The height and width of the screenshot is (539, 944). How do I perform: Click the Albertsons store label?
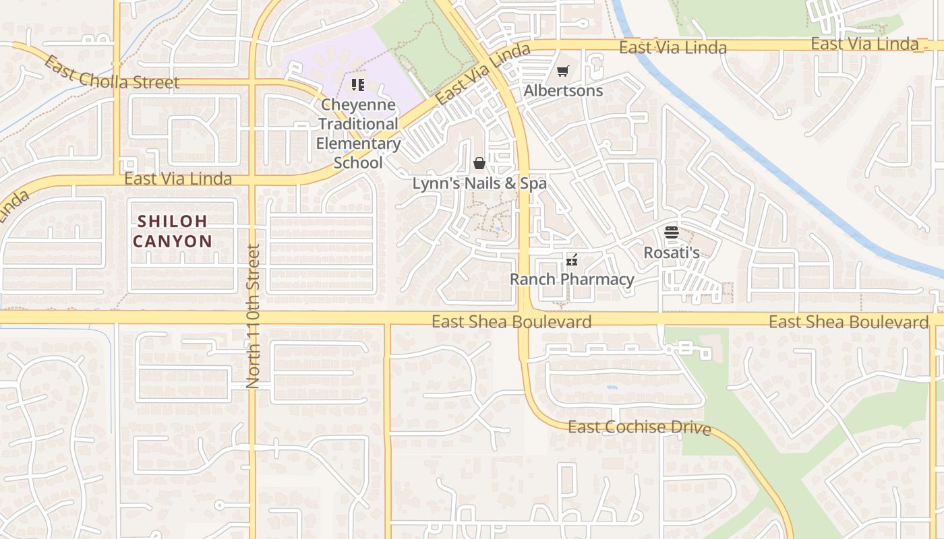tap(563, 90)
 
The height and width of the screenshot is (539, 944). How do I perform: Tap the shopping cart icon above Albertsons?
tap(563, 71)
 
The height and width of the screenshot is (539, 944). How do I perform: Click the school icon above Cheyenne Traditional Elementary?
tap(358, 85)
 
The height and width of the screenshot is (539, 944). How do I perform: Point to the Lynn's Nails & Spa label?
tap(479, 183)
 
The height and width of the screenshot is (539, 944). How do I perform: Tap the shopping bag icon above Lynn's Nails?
tap(479, 163)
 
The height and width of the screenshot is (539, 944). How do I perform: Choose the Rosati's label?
tap(671, 253)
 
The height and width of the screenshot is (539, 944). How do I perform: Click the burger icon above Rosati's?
tap(671, 233)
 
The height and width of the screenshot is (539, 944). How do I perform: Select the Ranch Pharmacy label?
tap(572, 279)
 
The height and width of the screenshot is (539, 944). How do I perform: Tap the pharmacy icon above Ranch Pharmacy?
tap(572, 260)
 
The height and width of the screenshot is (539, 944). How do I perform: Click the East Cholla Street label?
tap(111, 74)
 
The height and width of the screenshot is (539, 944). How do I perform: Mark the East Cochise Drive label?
tap(639, 427)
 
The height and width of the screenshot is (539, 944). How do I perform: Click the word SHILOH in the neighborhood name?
tap(173, 221)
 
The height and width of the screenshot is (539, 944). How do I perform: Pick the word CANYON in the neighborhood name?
tap(173, 241)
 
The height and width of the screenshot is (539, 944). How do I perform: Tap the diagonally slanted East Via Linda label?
tap(482, 74)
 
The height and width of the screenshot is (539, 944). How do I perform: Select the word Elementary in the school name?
tap(358, 144)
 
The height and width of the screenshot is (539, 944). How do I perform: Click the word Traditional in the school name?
tap(358, 124)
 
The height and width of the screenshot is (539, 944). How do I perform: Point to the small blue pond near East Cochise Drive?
tap(612, 388)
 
